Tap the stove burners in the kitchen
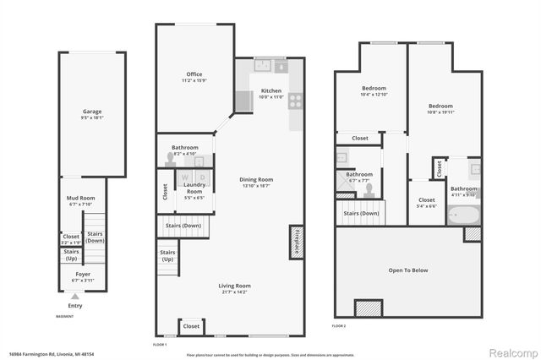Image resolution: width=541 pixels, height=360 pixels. pyautogui.click(x=296, y=101)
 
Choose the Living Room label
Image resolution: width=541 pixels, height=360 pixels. pyautogui.click(x=236, y=287)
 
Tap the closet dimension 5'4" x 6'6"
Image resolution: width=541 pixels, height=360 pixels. pyautogui.click(x=427, y=206)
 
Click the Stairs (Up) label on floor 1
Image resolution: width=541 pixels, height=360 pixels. pyautogui.click(x=167, y=255)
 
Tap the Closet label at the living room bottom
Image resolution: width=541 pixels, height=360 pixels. pyautogui.click(x=191, y=325)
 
